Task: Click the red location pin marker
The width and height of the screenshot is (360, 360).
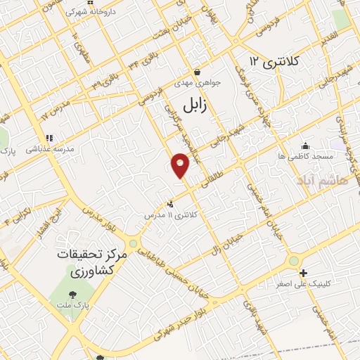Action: pyautogui.click(x=180, y=165)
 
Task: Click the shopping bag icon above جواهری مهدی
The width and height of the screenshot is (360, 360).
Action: pyautogui.click(x=198, y=72)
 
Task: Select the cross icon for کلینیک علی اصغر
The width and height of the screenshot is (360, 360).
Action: pyautogui.click(x=303, y=273)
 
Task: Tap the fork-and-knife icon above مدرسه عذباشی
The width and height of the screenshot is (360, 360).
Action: pyautogui.click(x=49, y=139)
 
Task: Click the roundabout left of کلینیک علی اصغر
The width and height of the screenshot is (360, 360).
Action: pyautogui.click(x=292, y=262)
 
